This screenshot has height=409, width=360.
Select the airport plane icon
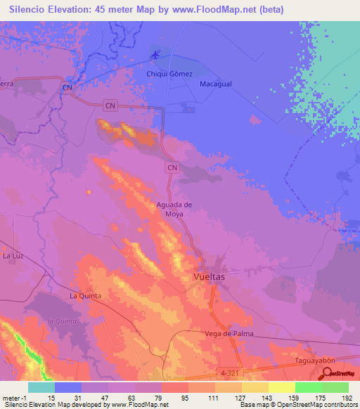click(155, 55)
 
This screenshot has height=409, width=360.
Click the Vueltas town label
click(209, 278)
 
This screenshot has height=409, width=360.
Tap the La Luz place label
click(13, 256)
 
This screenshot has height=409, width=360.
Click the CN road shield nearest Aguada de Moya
click(172, 167)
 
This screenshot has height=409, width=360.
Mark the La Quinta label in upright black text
click(85, 296)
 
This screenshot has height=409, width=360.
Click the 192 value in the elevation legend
click(347, 398)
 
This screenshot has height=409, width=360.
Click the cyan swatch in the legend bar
click(41, 387)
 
